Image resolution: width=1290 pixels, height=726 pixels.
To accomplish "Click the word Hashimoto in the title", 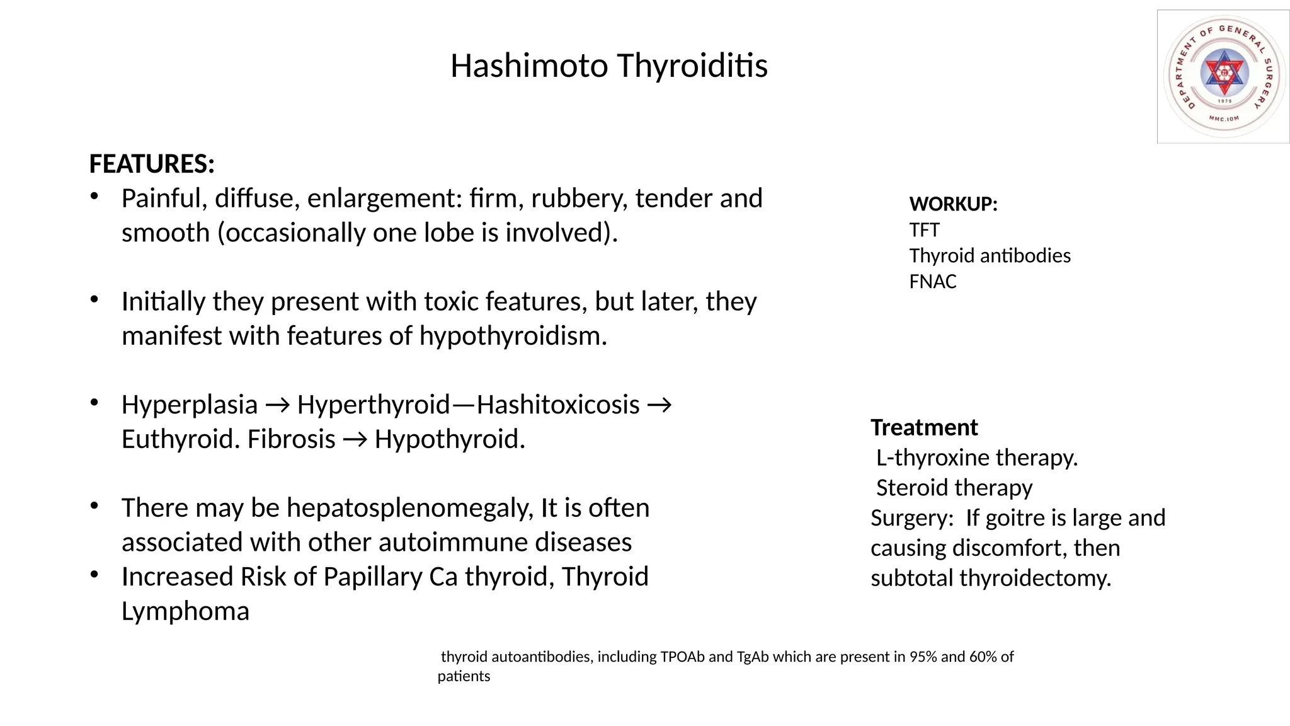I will pos(528,66).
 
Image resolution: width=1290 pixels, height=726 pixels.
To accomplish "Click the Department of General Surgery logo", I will pos(1223,76).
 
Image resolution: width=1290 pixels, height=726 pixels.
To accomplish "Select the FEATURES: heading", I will pos(152,164).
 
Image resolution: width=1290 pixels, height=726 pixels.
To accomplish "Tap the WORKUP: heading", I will pos(953,204).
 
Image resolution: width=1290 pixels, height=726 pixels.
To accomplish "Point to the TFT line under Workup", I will pos(924,230).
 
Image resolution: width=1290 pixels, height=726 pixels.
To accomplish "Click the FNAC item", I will pos(932,282).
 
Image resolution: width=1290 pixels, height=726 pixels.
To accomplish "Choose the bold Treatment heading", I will pos(924,428).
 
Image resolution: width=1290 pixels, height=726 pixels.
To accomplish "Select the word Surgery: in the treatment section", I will pos(912,518).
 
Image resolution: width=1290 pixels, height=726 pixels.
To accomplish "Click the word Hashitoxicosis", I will pos(558,405).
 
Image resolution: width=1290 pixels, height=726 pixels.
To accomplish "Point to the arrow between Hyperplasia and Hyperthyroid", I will pos(277,405).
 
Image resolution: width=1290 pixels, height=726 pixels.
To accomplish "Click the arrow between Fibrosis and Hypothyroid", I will pos(355,440).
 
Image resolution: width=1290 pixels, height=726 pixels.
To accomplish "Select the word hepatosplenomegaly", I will pos(410,508).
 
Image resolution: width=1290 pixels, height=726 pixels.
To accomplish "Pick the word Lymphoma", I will pos(185,611).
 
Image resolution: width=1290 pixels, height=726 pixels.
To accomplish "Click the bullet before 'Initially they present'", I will pos(94,299).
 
